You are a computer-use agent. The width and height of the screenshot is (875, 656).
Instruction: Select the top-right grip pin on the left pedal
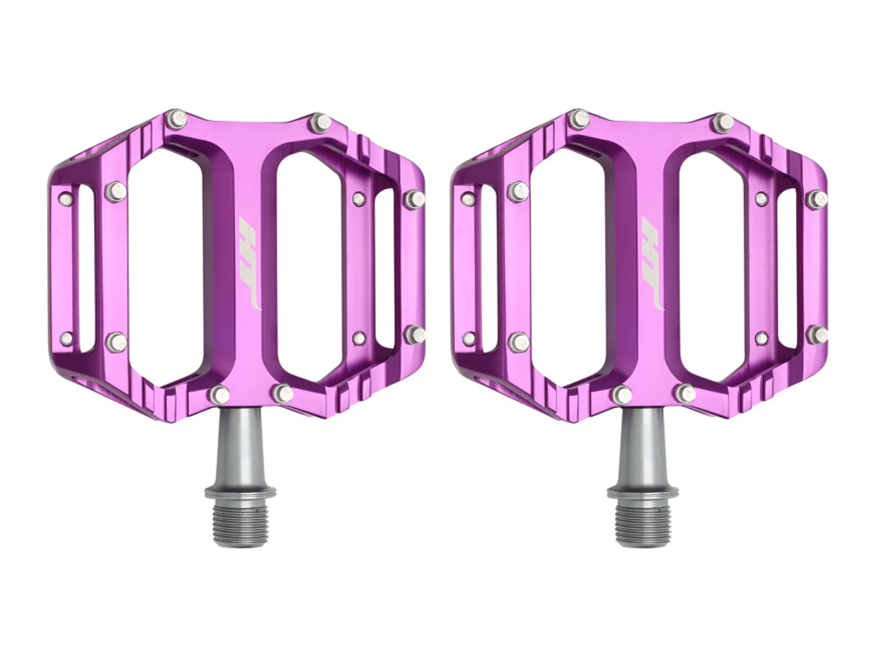321,121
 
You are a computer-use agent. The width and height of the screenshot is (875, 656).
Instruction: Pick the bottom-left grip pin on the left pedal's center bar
220,394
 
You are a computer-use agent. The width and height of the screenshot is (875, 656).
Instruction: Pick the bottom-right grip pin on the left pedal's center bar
283,394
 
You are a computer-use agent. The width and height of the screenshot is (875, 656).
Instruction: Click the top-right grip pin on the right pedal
724,121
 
